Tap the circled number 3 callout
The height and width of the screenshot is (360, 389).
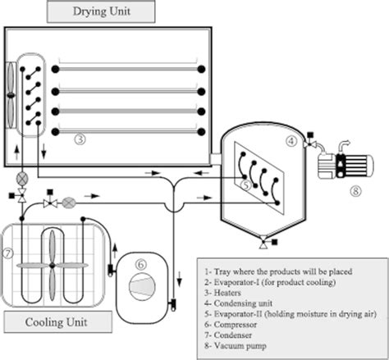[x=80, y=139]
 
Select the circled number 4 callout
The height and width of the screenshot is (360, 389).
[x=291, y=140]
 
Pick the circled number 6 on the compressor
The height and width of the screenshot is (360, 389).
[x=140, y=264]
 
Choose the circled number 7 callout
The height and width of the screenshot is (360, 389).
[x=9, y=250]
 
